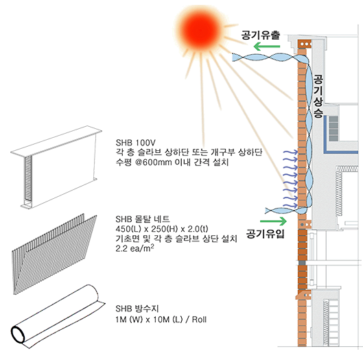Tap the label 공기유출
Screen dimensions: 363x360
[x=261, y=36]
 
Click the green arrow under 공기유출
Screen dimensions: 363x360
[x=267, y=46]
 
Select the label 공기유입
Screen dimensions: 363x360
[x=265, y=233]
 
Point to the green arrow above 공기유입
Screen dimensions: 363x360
[x=273, y=221]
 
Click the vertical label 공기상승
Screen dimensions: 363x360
[x=318, y=96]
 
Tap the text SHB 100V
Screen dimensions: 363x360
[x=135, y=142]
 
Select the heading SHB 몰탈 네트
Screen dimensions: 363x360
[x=143, y=219]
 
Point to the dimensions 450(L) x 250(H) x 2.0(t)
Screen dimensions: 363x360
[x=162, y=229]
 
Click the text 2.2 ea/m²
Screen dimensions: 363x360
[x=134, y=248]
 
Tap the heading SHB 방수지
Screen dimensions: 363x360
[x=137, y=309]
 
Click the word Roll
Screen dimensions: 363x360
[x=199, y=320]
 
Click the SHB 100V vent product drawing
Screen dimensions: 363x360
[x=56, y=167]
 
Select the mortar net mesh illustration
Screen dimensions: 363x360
[x=55, y=254]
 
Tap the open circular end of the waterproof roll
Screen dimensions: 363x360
[x=18, y=335]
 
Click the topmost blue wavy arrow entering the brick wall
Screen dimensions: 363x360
[x=290, y=152]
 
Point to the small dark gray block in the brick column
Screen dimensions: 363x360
[x=303, y=263]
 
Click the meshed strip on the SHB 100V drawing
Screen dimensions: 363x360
[x=28, y=178]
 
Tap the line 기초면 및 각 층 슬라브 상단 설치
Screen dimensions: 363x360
[x=176, y=239]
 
